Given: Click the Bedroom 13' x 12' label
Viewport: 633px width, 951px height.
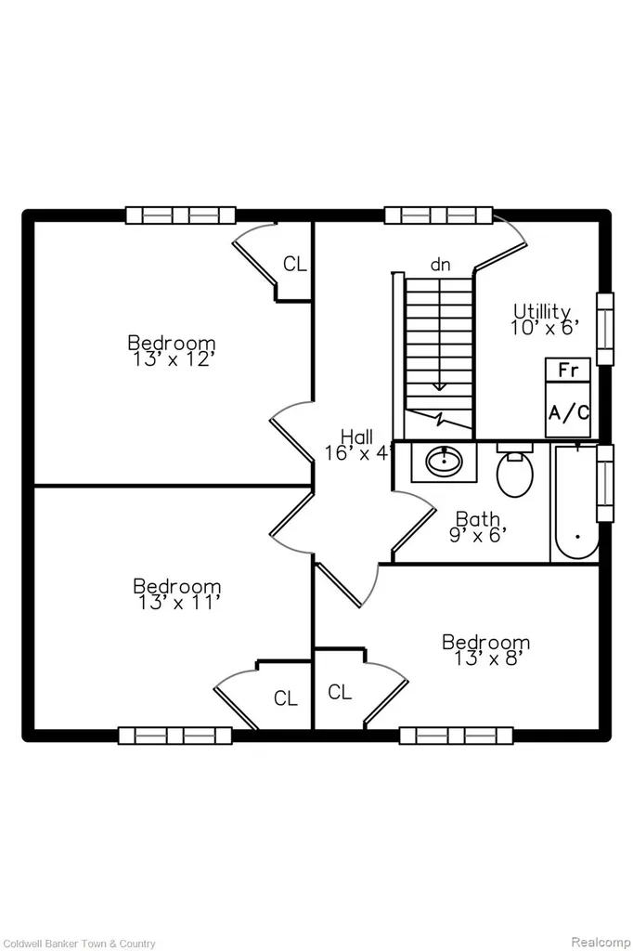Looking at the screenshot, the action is [172, 351].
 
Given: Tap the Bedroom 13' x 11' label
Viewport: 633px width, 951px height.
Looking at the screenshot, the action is [177, 594].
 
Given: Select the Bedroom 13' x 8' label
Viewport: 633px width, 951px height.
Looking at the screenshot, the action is [485, 650].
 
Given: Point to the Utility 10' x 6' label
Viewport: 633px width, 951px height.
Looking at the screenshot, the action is [543, 319].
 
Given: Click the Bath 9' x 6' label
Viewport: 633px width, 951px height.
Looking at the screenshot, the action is [478, 528].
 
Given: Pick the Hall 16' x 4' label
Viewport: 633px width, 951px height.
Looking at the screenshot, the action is [357, 445].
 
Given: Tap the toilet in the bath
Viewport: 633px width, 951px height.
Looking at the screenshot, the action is [515, 469].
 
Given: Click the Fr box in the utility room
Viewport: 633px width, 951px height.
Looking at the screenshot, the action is [568, 370].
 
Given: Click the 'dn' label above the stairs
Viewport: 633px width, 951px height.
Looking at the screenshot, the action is [441, 265].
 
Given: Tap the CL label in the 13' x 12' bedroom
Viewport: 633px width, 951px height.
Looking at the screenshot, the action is [295, 264].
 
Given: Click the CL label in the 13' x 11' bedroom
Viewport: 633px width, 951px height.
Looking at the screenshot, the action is [286, 698].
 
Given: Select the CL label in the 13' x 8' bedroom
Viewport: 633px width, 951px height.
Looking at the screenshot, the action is [340, 691].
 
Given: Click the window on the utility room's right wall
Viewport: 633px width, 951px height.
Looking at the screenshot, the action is [604, 329].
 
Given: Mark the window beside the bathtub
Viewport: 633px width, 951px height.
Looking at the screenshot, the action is [604, 483].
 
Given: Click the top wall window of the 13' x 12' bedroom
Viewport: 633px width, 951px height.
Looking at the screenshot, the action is [181, 215].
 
